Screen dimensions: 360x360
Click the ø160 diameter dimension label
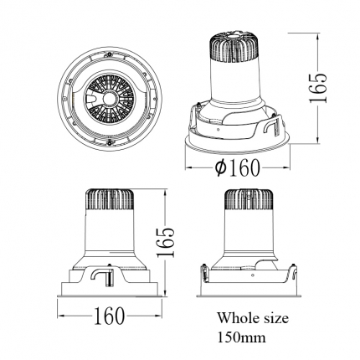[237, 167]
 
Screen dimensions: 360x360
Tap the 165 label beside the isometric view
[318, 88]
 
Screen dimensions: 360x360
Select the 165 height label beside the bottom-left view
[165, 242]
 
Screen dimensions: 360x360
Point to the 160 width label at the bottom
[109, 316]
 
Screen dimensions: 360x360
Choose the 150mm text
[242, 337]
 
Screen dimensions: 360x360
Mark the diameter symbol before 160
[221, 167]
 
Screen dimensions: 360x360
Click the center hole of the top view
[110, 98]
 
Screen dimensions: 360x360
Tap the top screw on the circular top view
[110, 53]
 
